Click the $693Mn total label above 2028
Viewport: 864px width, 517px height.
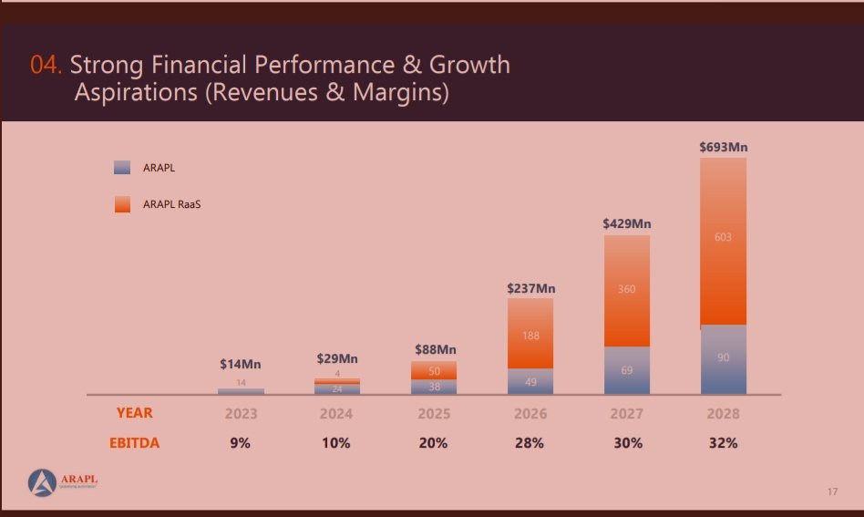[723, 146]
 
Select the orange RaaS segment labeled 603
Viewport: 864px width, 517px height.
[723, 239]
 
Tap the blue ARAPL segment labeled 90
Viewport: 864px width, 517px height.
[723, 358]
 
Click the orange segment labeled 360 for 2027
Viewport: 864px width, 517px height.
[626, 289]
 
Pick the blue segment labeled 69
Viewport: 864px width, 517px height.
[626, 370]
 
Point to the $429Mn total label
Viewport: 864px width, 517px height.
[626, 222]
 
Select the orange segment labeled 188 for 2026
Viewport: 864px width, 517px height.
[530, 335]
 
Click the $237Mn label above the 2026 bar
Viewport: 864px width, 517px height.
[530, 288]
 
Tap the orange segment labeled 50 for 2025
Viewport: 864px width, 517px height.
[434, 370]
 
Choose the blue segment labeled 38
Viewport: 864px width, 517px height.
[434, 386]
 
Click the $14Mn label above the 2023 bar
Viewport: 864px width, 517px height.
[241, 364]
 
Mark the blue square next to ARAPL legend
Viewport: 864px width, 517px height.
[122, 168]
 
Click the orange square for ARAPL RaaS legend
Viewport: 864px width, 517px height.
[122, 204]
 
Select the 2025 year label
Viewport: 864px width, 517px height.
[434, 413]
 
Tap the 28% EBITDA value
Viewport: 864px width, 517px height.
[530, 443]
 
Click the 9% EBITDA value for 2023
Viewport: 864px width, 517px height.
[241, 443]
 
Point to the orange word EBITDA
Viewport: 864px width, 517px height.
[134, 443]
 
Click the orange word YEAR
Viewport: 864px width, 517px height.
[134, 413]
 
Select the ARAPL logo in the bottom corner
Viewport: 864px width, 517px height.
[62, 481]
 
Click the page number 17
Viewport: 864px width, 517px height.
[832, 492]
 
